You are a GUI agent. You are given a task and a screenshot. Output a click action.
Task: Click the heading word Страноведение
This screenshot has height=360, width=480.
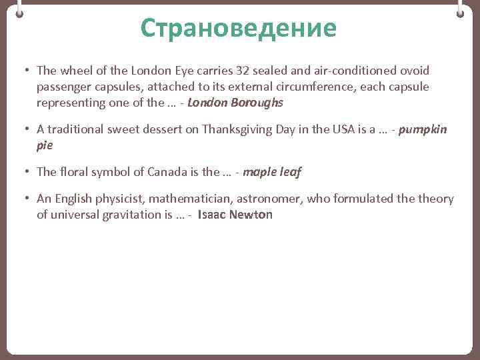pos(239,28)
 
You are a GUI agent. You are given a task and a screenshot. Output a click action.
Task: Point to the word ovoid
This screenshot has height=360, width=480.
pos(415,71)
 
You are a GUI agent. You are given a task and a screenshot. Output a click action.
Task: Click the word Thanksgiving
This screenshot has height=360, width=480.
pos(237,129)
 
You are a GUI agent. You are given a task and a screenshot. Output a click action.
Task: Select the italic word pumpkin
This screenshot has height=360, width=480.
pos(423,129)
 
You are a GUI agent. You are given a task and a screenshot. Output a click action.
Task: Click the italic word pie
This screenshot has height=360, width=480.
pos(44,145)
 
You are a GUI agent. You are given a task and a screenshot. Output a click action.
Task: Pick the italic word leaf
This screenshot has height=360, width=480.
pos(289,172)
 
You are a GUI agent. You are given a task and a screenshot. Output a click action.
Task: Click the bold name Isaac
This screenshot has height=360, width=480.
pos(212,215)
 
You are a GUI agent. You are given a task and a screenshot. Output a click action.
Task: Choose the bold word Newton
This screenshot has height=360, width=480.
pos(251,215)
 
